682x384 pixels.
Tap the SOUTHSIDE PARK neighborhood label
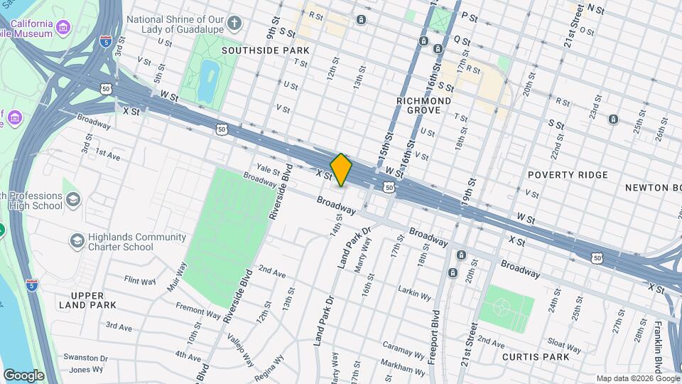tap(266, 50)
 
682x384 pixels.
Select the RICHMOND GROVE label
tap(423, 107)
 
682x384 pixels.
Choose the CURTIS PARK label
tap(536, 356)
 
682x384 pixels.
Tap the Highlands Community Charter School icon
tap(76, 241)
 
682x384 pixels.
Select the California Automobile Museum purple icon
tap(65, 28)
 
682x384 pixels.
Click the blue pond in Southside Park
tap(209, 80)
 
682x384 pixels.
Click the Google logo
tap(23, 375)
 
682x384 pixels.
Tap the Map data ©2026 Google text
tap(637, 378)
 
